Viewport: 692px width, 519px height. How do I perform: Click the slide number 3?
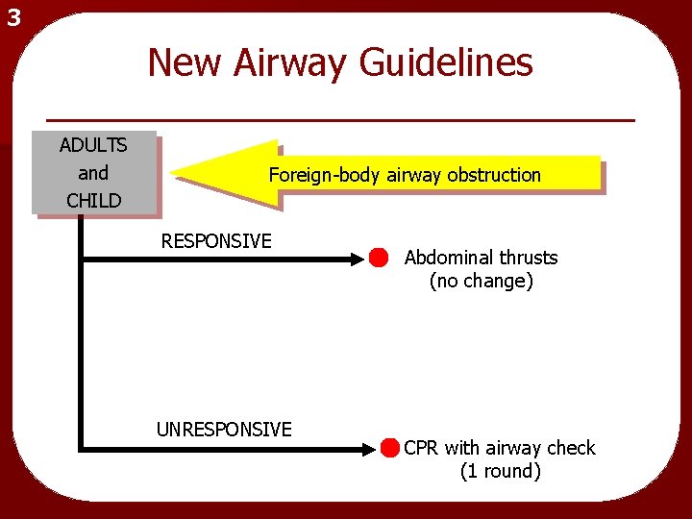(x=12, y=17)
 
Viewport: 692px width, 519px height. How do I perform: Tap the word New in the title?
(x=183, y=63)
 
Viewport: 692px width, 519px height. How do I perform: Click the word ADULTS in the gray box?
(x=93, y=145)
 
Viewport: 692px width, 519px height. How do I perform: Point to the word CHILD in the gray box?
(x=93, y=201)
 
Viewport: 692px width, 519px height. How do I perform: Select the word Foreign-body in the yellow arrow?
(x=325, y=175)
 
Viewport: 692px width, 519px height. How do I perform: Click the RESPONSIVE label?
(x=216, y=240)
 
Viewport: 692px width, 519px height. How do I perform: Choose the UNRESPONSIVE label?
(x=224, y=430)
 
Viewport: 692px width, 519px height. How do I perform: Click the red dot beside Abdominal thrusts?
(x=378, y=258)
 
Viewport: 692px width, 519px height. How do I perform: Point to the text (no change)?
(x=481, y=282)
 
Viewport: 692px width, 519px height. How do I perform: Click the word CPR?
(x=422, y=448)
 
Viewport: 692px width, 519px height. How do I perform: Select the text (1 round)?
(x=500, y=472)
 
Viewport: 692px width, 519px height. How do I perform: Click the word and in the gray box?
(x=93, y=173)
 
